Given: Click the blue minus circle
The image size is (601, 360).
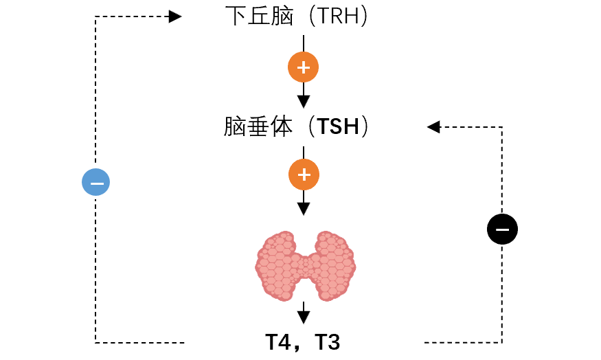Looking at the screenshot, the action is coord(96,182).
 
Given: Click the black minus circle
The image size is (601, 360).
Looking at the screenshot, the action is coord(502,229).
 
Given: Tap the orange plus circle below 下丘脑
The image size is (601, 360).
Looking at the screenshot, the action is coord(303,67).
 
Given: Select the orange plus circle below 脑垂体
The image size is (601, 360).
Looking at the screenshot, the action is coord(304,175).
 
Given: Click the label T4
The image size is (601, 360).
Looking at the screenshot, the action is coord(278,342).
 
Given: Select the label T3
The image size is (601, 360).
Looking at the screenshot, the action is coord(327,342).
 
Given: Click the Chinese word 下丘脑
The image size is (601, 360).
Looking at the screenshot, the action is coord(259,16).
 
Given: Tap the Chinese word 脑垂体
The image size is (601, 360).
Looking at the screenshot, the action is coord(258,126).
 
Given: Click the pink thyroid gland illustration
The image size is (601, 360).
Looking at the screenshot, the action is coord(306,266).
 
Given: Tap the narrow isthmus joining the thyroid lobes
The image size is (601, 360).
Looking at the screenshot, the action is coord(306,266).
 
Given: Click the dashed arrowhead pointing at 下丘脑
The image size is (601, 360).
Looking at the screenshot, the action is coord(175,16).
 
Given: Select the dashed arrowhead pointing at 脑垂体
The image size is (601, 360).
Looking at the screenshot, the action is coord(433,127).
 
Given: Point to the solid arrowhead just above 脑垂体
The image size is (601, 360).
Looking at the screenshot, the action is coord(304,102).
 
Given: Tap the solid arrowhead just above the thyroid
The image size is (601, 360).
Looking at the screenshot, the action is coord(304,209).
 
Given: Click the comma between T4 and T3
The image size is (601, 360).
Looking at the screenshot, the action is coord(297,348).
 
